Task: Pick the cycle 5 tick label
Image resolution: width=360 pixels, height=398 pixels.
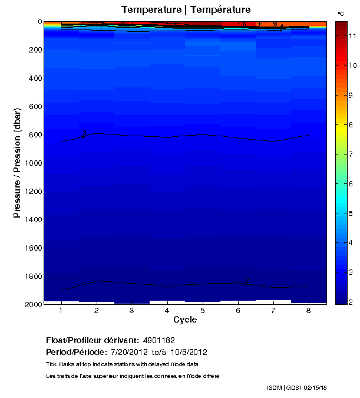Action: (x=203, y=310)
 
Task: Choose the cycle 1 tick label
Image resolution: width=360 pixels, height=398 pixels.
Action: (x=61, y=310)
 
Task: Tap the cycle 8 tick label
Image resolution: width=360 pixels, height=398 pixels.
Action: (x=309, y=310)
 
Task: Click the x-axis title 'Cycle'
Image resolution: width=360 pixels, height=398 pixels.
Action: (x=185, y=320)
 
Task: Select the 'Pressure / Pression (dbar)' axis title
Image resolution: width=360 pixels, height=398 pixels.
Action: (x=18, y=163)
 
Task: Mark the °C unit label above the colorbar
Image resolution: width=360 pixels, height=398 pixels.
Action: (x=341, y=13)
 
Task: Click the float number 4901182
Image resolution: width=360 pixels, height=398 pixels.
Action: (x=158, y=341)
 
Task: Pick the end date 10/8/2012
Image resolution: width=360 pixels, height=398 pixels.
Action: (x=187, y=353)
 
